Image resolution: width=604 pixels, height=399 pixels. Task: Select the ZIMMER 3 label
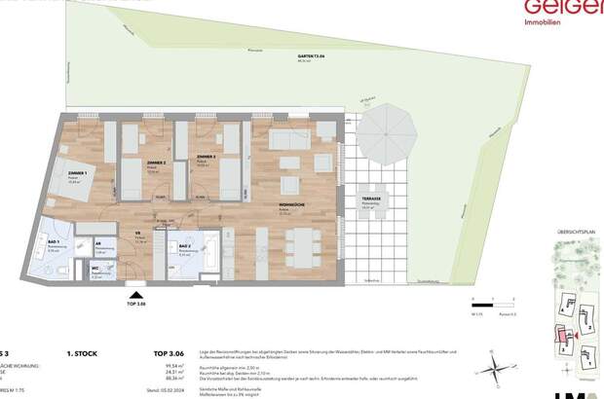pos(205,157)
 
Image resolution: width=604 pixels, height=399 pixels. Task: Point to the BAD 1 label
pos(53,241)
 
